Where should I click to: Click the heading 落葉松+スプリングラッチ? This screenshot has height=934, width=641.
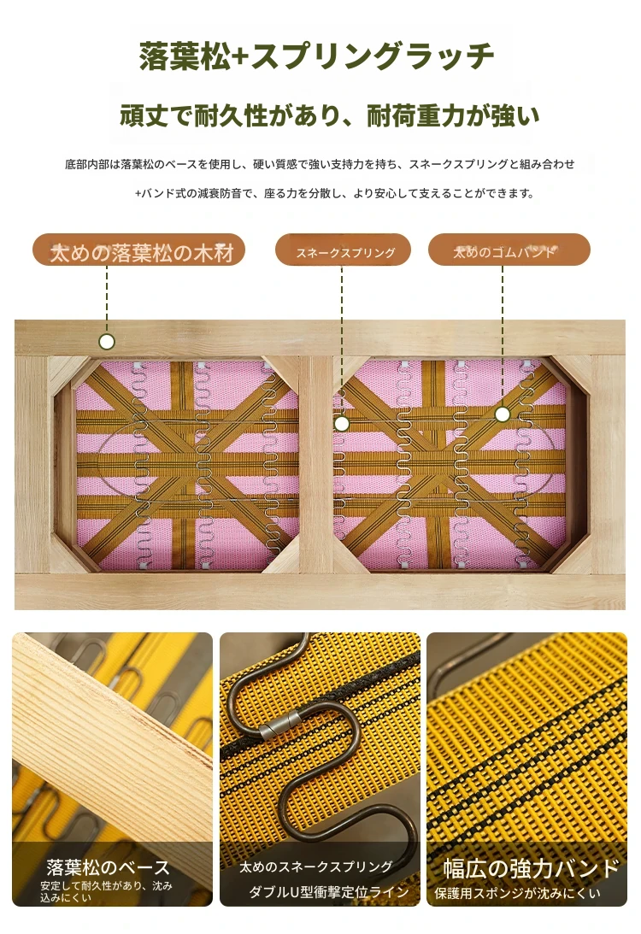(316, 56)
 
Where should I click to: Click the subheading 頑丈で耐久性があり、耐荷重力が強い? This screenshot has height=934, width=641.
(329, 115)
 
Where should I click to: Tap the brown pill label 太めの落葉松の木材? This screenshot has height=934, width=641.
(138, 250)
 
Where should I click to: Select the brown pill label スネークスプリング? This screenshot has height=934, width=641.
(343, 250)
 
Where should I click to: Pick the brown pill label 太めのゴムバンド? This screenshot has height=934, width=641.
(509, 250)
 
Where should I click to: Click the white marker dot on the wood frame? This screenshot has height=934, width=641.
(107, 341)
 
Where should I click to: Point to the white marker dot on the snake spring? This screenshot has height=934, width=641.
(341, 424)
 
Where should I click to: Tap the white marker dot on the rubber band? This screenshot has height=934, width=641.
(503, 414)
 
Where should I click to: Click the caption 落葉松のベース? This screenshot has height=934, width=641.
(109, 867)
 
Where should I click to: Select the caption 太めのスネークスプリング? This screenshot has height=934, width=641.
(315, 866)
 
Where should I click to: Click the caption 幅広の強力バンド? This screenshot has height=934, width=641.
(531, 868)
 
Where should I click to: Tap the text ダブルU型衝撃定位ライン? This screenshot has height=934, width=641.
(328, 892)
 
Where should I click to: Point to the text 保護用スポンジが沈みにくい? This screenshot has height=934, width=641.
(517, 893)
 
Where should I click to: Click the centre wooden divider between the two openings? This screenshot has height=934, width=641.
(315, 465)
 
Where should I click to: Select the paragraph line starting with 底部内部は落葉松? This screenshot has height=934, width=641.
(320, 164)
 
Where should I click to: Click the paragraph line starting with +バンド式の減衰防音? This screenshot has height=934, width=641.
(334, 193)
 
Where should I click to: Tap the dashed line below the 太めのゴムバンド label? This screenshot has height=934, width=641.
(503, 336)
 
